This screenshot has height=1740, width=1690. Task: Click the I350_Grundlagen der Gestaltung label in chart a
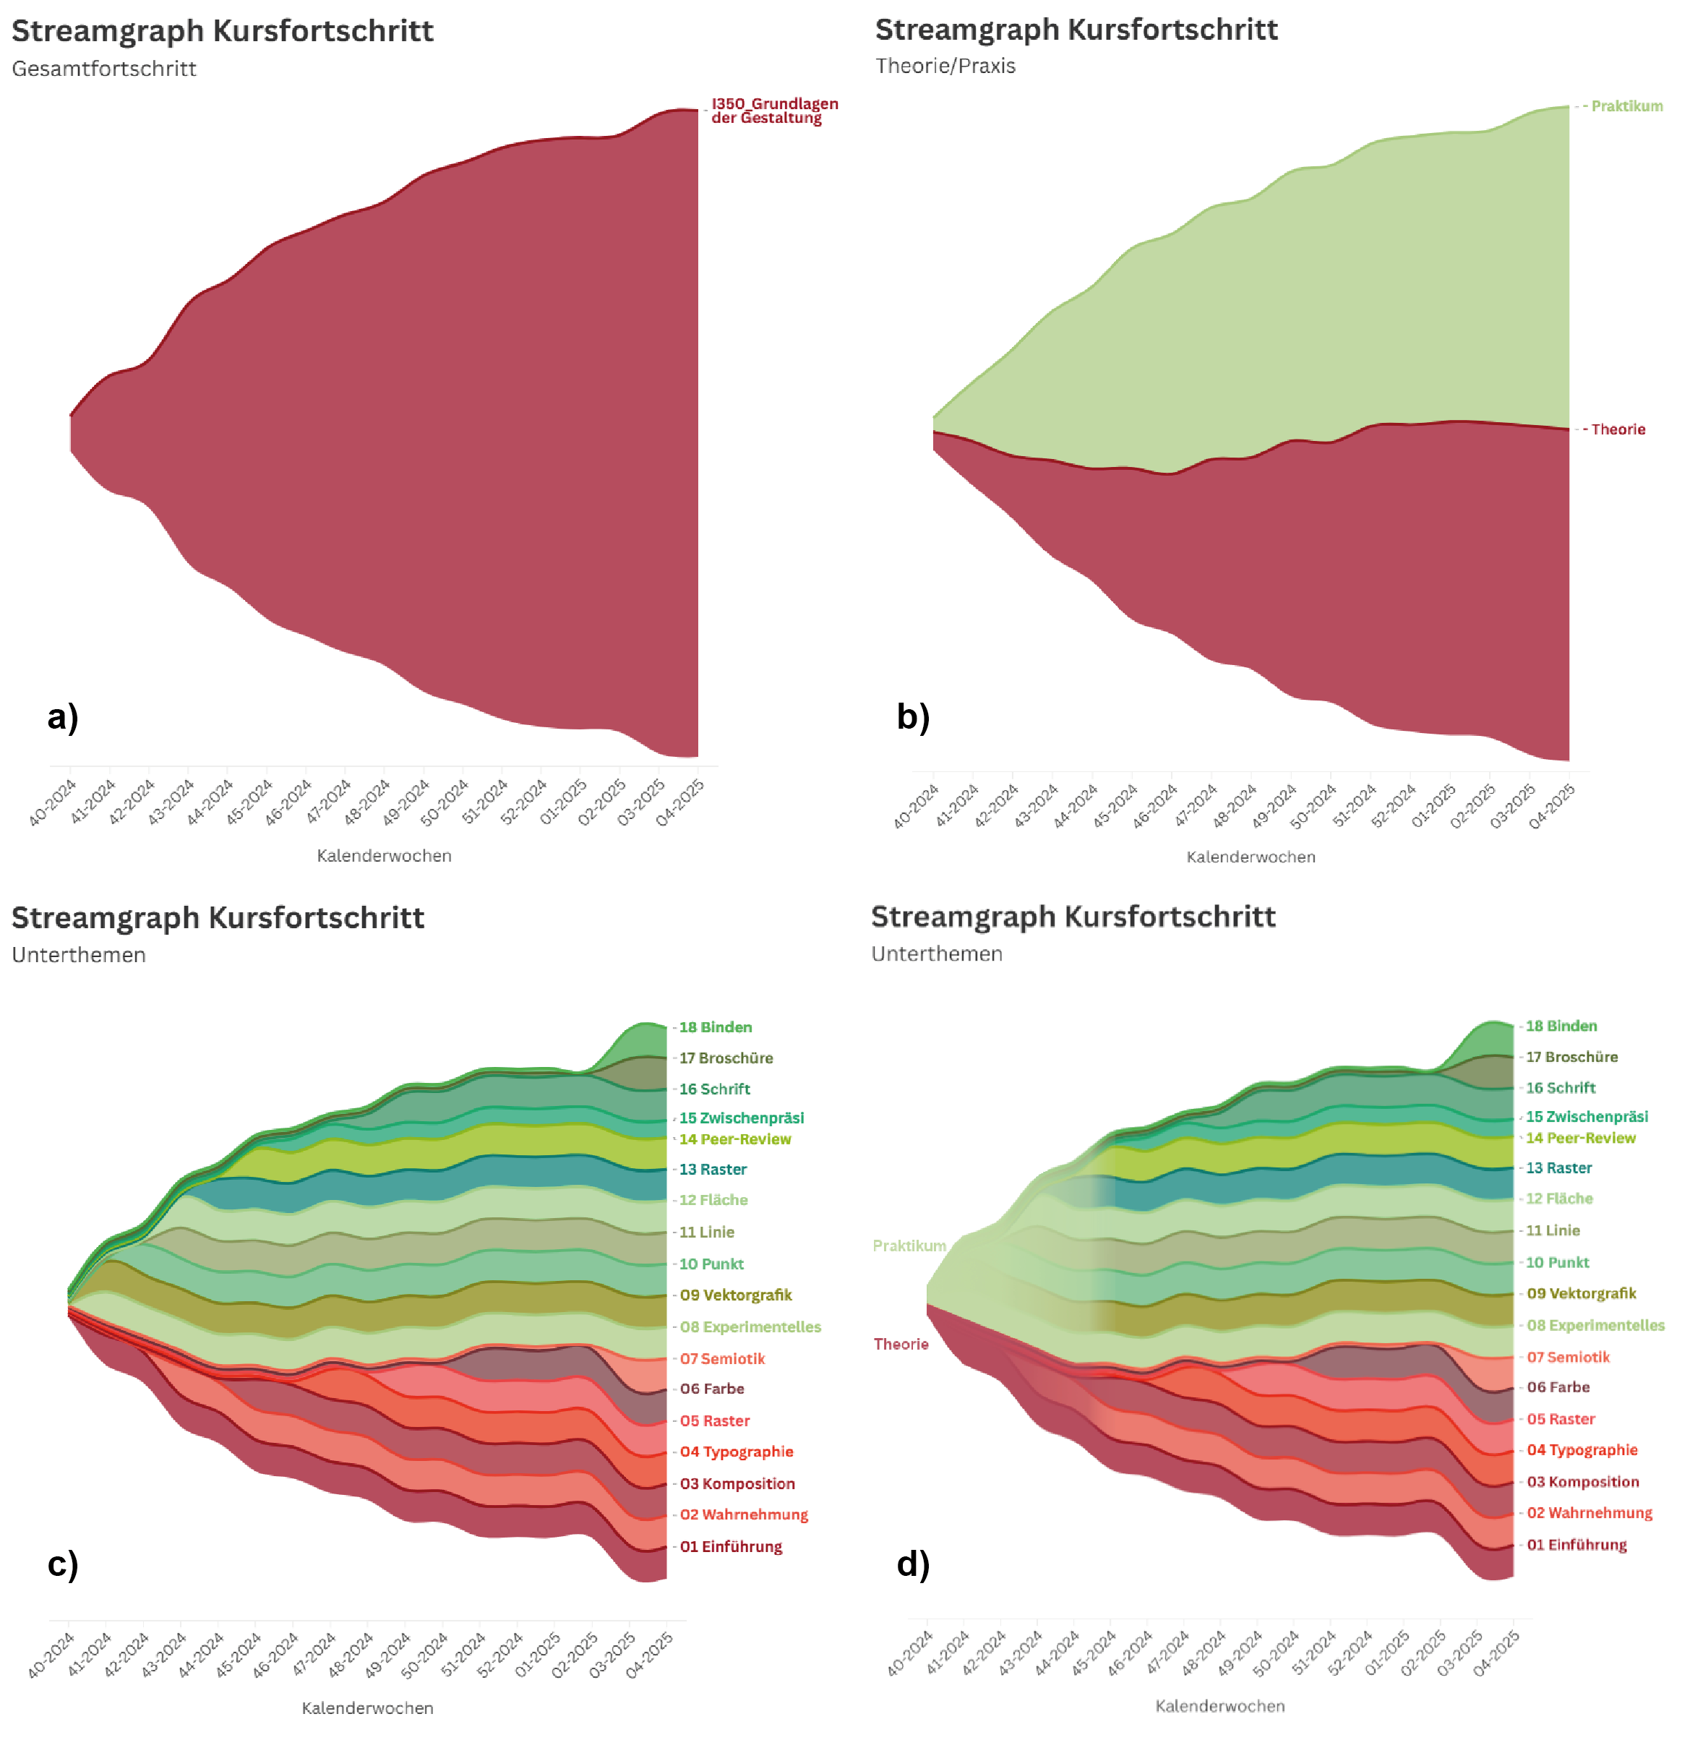click(774, 111)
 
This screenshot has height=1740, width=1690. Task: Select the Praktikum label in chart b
click(1626, 106)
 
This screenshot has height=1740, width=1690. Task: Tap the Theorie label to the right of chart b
click(1617, 429)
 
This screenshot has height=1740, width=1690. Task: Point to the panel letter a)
click(63, 716)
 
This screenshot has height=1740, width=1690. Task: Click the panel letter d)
click(912, 1564)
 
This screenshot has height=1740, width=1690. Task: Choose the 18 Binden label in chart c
click(716, 1027)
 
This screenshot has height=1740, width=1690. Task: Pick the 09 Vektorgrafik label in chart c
click(736, 1295)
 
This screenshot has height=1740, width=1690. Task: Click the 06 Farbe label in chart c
click(712, 1389)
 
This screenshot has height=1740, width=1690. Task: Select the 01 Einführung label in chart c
click(731, 1546)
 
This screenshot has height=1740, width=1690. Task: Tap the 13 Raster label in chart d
click(1558, 1168)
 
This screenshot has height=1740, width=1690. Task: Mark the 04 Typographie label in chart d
click(1582, 1449)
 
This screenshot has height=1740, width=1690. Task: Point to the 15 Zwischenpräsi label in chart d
click(1587, 1117)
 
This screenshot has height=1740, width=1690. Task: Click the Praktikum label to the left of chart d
click(909, 1246)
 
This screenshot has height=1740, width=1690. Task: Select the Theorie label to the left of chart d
click(901, 1344)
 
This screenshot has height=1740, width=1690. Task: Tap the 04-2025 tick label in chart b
click(1551, 807)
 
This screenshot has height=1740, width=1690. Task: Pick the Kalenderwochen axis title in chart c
click(367, 1708)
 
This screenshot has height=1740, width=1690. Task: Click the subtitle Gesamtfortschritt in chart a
click(104, 69)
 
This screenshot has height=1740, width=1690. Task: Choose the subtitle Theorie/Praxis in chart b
click(945, 66)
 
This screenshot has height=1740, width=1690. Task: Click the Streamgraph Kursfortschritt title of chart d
click(1073, 916)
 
